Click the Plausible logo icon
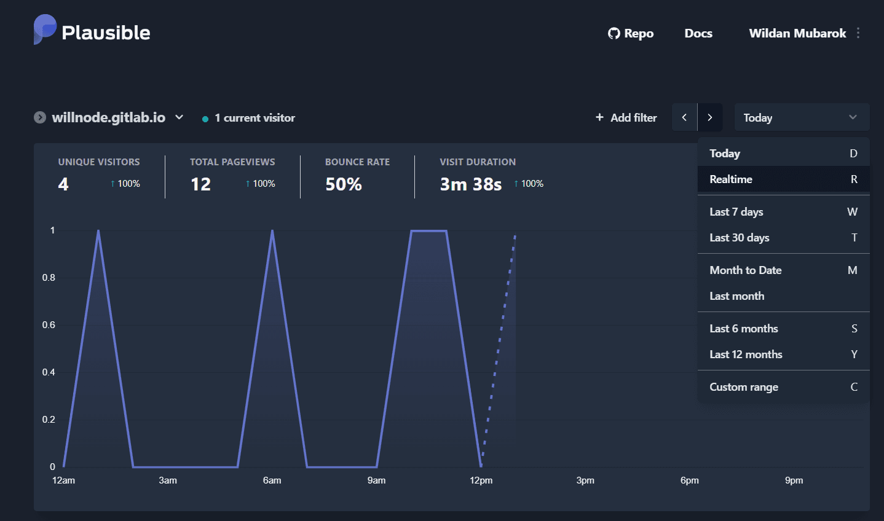pyautogui.click(x=45, y=29)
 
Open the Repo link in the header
pyautogui.click(x=631, y=33)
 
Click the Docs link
pyautogui.click(x=698, y=33)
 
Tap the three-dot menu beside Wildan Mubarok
pyautogui.click(x=858, y=33)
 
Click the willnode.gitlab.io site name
pyautogui.click(x=109, y=117)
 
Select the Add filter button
pyautogui.click(x=626, y=117)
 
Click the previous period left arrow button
pyautogui.click(x=684, y=117)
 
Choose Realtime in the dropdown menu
pyautogui.click(x=731, y=179)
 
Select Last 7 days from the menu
pyautogui.click(x=736, y=212)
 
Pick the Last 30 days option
pyautogui.click(x=740, y=238)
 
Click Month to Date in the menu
pyautogui.click(x=746, y=270)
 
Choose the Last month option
pyautogui.click(x=737, y=296)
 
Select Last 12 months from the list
pyautogui.click(x=746, y=355)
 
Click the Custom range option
pyautogui.click(x=744, y=387)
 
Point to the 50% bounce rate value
pyautogui.click(x=344, y=184)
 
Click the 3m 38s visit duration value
pyautogui.click(x=471, y=184)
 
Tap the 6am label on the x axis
pyautogui.click(x=272, y=480)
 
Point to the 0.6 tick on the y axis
pyautogui.click(x=49, y=325)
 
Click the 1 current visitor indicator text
pyautogui.click(x=255, y=118)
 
